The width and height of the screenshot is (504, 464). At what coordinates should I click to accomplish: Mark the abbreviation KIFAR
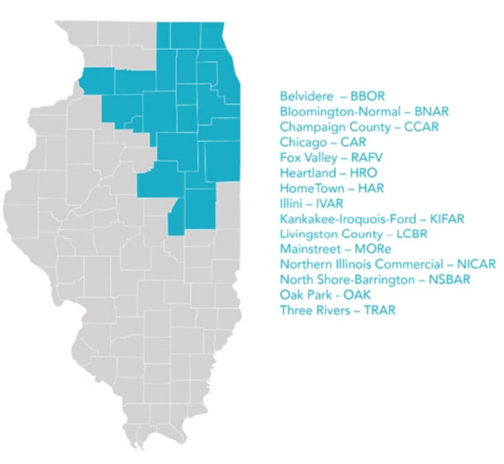tap(446, 219)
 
